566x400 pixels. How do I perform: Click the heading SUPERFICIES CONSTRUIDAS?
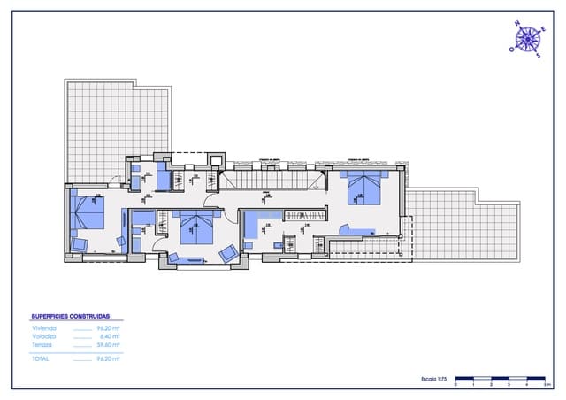[71, 316]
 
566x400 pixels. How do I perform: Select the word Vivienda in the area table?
[43, 328]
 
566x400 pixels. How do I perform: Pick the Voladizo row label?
[44, 336]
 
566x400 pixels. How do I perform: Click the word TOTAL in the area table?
[41, 359]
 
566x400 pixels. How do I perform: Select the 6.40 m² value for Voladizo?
[110, 336]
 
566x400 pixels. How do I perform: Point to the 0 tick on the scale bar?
[455, 385]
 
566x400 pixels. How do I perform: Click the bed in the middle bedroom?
[197, 228]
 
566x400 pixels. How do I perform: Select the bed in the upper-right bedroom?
[364, 188]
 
